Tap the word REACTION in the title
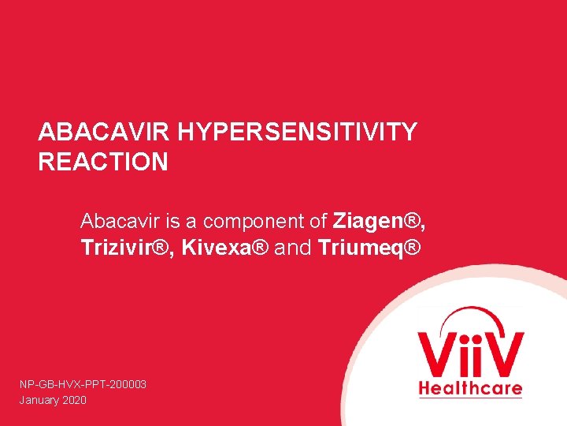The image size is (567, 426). [x=103, y=163]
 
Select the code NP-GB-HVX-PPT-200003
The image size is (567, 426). [x=83, y=384]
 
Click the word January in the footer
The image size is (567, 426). [x=37, y=400]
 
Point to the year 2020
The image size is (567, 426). [x=73, y=400]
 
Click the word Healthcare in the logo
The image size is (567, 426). [x=470, y=388]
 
